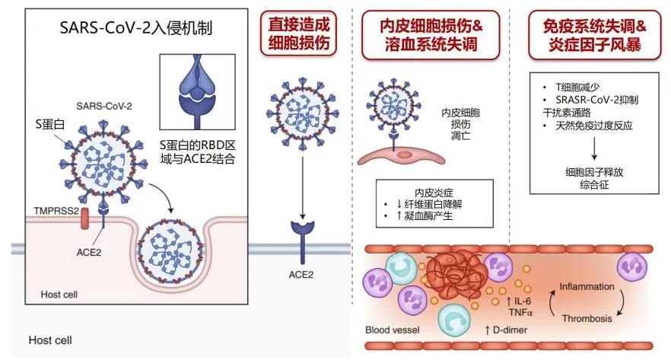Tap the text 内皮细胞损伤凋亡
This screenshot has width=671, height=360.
click(460, 124)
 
